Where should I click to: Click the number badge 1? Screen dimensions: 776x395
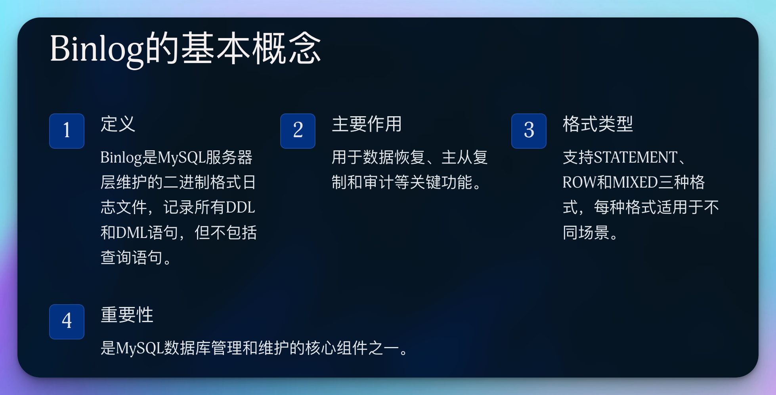67,131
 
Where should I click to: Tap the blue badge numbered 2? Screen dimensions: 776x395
298,131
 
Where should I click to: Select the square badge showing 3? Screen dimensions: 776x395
529,131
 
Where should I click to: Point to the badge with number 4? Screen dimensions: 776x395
67,322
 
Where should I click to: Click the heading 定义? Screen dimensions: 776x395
118,124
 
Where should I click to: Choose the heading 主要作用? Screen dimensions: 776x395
367,124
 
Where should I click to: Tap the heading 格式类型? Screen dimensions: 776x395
598,124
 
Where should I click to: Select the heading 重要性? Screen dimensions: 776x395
127,315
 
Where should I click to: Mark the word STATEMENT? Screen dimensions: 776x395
636,157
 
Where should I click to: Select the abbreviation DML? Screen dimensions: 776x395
132,232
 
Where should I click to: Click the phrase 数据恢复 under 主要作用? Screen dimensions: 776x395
394,157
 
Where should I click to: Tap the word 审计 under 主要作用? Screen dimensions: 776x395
378,182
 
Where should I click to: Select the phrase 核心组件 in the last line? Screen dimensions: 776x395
336,348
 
